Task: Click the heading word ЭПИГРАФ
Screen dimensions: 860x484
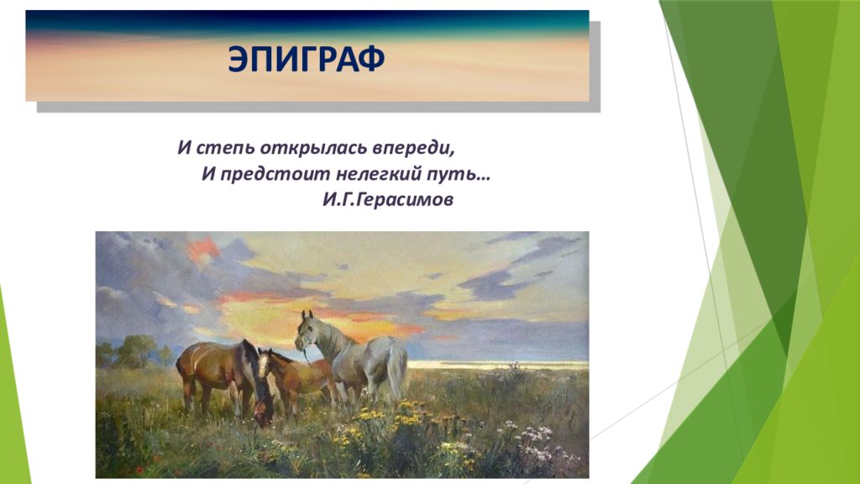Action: point(306,59)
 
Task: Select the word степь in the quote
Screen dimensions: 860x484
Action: point(225,148)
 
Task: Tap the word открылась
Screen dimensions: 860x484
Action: point(313,148)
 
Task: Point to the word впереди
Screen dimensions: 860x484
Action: point(414,148)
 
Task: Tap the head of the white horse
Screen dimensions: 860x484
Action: point(306,331)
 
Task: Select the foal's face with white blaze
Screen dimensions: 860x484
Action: point(264,365)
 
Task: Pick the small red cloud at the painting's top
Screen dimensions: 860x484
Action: point(203,249)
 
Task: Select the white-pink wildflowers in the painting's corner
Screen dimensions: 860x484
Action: point(535,442)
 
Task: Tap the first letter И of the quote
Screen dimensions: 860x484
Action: point(184,148)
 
